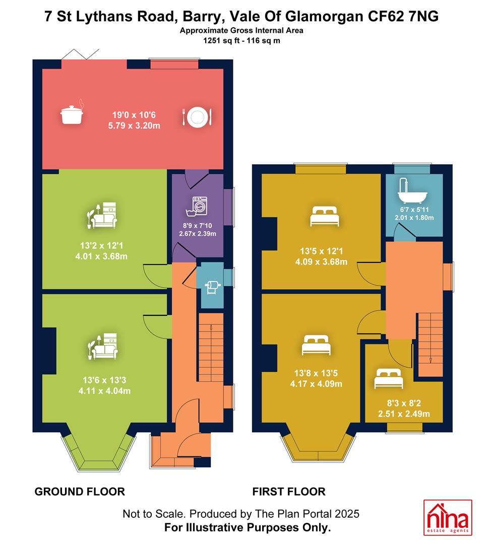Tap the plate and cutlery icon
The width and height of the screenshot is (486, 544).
click(x=197, y=116)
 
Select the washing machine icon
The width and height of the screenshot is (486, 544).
click(x=197, y=207)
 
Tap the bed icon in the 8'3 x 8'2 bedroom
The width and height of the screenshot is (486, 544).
click(x=389, y=378)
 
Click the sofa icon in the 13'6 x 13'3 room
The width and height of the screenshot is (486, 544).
click(x=103, y=346)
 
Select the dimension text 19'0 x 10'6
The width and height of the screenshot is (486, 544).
click(x=134, y=115)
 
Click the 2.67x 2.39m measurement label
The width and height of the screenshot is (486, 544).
click(x=198, y=234)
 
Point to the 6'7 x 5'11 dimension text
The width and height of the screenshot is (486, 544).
click(x=414, y=210)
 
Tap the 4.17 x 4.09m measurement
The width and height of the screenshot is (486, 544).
click(x=316, y=384)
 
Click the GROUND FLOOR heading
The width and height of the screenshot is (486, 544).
click(x=80, y=492)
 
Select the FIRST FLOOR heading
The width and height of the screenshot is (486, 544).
click(x=289, y=492)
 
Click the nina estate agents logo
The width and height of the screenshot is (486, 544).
click(x=448, y=517)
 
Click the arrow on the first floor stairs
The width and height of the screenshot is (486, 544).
click(x=431, y=360)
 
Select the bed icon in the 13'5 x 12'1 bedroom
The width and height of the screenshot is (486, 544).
click(x=324, y=216)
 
